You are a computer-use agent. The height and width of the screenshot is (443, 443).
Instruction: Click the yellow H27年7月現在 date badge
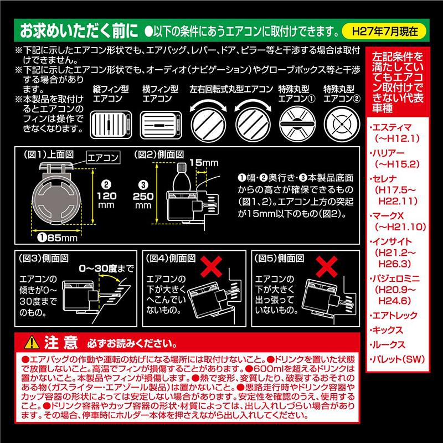point(396,29)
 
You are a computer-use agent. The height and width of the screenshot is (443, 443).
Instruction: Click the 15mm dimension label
point(197,162)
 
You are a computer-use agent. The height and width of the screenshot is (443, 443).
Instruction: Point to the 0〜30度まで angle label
point(106,269)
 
